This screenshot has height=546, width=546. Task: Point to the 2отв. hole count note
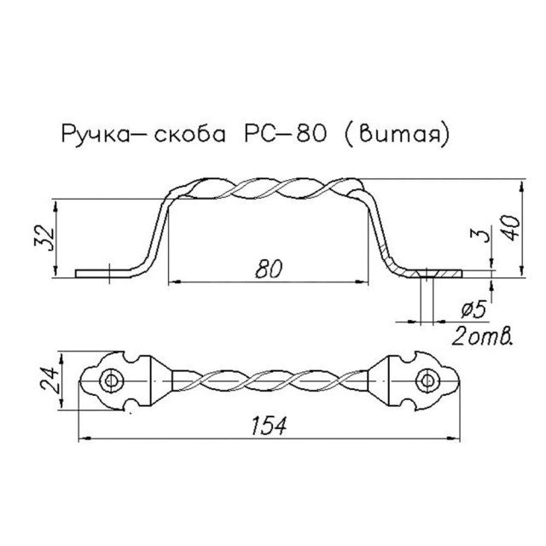pyautogui.click(x=484, y=334)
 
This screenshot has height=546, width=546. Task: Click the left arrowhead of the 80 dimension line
pyautogui.click(x=171, y=281)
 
